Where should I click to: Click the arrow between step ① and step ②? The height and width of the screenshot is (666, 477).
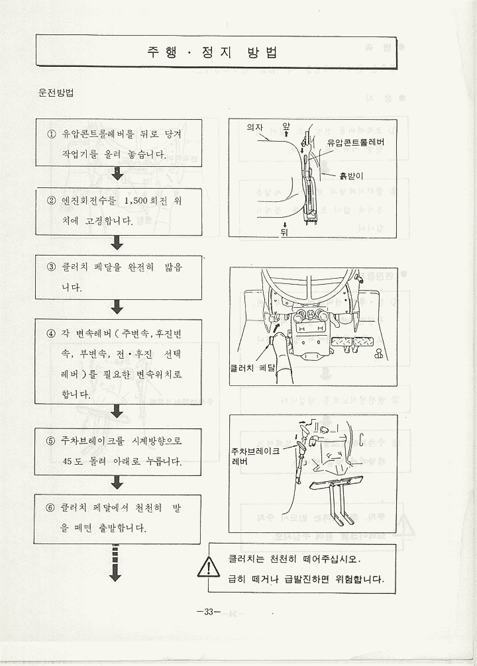(x=117, y=174)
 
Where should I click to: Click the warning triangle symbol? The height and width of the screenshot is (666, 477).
(x=209, y=567)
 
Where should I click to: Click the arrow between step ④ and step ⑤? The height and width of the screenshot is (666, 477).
(x=117, y=412)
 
